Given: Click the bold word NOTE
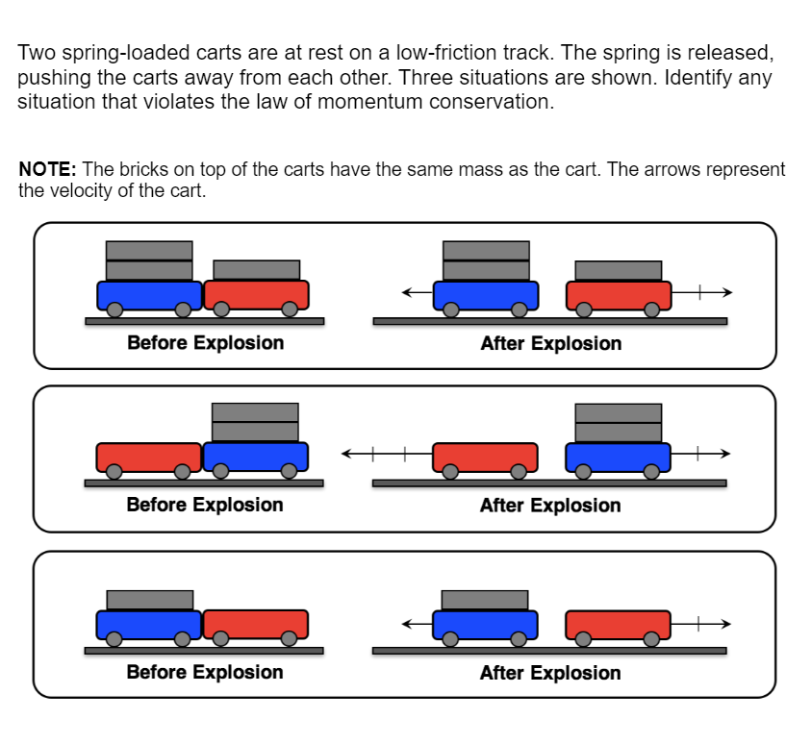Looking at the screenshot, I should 46,170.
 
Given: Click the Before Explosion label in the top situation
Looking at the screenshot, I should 205,343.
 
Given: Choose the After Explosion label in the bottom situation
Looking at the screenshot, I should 550,673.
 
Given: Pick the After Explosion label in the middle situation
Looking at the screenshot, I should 550,506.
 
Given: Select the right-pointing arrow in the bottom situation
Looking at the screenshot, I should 701,624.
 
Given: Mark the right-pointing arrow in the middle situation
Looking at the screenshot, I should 701,453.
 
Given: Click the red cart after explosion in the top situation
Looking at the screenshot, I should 619,294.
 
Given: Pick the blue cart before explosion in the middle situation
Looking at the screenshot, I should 255,457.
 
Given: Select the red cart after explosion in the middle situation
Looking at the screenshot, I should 485,457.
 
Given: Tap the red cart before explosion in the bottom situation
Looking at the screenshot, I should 255,624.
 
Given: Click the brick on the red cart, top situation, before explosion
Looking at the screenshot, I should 256,270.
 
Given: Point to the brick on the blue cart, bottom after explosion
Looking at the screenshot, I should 485,600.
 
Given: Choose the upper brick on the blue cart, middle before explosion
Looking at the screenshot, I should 255,411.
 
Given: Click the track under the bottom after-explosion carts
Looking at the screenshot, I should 549,651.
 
